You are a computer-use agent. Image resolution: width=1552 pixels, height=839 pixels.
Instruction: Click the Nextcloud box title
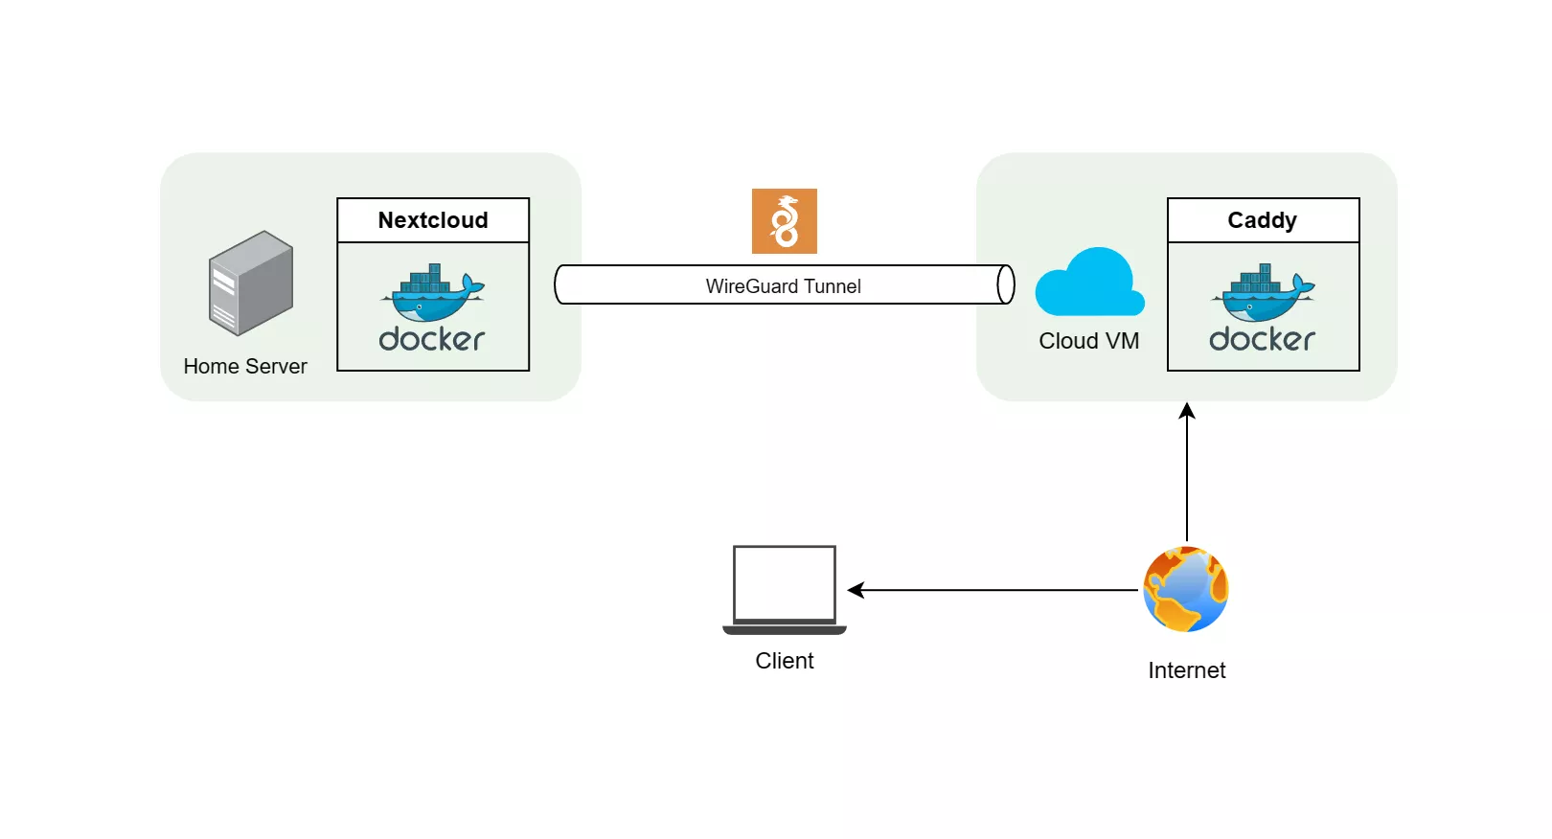433,220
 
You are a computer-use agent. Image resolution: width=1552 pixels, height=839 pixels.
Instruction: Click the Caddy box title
1262,220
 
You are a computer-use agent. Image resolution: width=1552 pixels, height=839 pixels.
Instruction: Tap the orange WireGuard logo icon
784,221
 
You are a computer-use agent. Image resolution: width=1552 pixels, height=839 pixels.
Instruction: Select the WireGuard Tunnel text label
783,286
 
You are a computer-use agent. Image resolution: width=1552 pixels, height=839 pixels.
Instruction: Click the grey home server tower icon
251,283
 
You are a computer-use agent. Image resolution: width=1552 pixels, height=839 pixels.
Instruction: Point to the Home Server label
245,367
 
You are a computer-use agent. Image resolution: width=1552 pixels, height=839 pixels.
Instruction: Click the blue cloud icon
1089,284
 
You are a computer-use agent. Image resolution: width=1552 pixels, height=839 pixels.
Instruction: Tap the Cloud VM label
1088,341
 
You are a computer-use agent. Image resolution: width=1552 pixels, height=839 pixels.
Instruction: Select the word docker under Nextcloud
432,339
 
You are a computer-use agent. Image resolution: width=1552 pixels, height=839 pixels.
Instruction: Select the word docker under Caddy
1262,339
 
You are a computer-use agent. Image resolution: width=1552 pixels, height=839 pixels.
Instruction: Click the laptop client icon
784,588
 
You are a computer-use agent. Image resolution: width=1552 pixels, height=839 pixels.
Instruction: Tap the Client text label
784,661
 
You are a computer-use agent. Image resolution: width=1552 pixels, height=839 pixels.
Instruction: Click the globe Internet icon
1186,589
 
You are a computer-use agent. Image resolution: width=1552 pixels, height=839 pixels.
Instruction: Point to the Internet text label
1186,670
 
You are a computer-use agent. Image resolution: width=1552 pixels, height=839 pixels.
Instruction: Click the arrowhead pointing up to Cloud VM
1187,412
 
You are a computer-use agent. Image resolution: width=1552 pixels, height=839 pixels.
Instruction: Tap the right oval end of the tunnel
1005,284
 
